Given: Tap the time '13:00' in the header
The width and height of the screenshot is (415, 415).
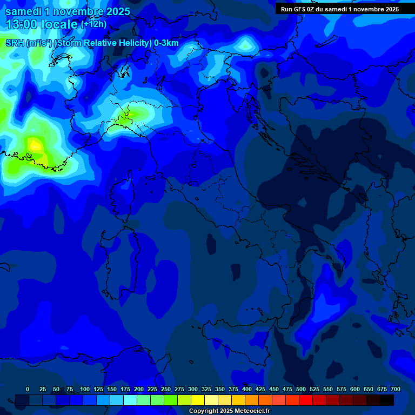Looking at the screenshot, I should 22,24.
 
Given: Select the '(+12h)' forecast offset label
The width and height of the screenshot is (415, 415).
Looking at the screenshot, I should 94,24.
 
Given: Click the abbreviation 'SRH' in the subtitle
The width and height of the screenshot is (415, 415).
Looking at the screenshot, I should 15,43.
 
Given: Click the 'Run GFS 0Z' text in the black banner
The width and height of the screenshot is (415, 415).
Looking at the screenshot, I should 302,9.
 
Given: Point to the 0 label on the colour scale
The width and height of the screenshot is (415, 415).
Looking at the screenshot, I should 28,389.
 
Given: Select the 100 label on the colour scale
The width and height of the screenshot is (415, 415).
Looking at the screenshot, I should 85,389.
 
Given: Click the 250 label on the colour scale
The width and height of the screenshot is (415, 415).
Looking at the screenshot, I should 166,389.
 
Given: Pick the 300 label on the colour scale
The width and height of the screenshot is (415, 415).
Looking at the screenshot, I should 193,389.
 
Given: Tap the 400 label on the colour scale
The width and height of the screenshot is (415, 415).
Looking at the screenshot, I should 247,389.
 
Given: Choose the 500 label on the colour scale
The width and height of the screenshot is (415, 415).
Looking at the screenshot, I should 301,389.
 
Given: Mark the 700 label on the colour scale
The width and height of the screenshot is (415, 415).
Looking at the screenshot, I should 396,389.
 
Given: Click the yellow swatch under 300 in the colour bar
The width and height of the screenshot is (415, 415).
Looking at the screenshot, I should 198,400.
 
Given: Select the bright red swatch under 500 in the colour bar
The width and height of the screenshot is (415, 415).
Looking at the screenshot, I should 306,400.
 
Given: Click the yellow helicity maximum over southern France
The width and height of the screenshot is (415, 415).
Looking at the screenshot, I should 36,145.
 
